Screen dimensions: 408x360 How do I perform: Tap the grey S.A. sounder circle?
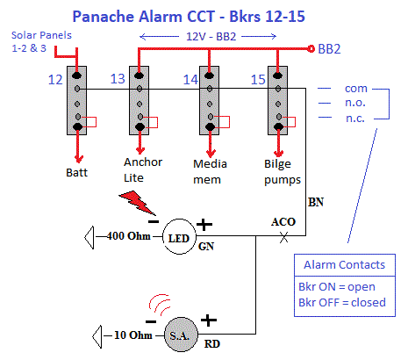pyautogui.click(x=181, y=335)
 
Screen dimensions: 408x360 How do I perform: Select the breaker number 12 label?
pyautogui.click(x=55, y=80)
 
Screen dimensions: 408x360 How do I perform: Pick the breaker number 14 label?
pyautogui.click(x=190, y=80)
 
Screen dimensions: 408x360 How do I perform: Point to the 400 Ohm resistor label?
pyautogui.click(x=129, y=236)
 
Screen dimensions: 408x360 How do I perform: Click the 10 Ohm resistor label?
pyautogui.click(x=133, y=335)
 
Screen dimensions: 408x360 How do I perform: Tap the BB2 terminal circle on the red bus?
pyautogui.click(x=311, y=48)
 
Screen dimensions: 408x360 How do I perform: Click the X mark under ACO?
pyautogui.click(x=283, y=237)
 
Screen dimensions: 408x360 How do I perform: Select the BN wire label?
pyautogui.click(x=316, y=202)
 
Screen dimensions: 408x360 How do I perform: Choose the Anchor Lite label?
pyautogui.click(x=143, y=170)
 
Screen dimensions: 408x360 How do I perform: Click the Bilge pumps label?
pyautogui.click(x=283, y=172)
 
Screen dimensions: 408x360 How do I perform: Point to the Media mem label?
pyautogui.click(x=210, y=172)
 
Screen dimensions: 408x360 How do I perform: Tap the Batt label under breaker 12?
pyautogui.click(x=76, y=173)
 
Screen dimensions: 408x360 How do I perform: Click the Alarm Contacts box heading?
pyautogui.click(x=345, y=265)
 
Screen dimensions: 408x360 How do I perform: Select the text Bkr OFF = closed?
pyautogui.click(x=342, y=302)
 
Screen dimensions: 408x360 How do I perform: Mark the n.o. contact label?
pyautogui.click(x=355, y=103)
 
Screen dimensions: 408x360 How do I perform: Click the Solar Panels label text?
pyautogui.click(x=41, y=41)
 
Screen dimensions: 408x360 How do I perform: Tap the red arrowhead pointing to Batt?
pyautogui.click(x=78, y=159)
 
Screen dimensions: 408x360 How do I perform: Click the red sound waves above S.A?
pyautogui.click(x=160, y=305)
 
